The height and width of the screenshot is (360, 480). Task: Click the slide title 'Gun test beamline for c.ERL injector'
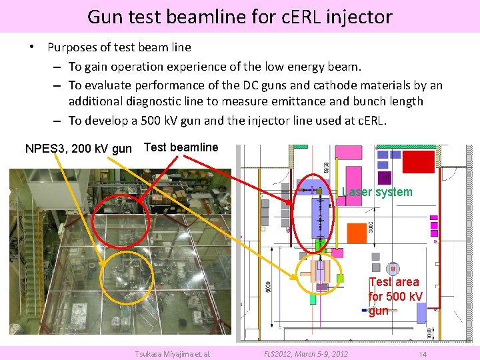click(239, 16)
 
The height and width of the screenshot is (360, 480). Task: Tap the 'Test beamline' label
click(181, 147)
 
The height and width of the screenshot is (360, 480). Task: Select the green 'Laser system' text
click(377, 192)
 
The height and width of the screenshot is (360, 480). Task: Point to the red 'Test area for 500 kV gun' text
click(395, 296)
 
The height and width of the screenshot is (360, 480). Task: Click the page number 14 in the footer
click(422, 354)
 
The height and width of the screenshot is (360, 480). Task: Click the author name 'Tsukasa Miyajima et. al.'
click(172, 354)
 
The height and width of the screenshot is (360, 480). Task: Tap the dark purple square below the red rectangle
click(385, 177)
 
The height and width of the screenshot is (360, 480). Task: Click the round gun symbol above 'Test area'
click(393, 268)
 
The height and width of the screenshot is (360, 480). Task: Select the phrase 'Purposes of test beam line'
click(119, 47)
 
